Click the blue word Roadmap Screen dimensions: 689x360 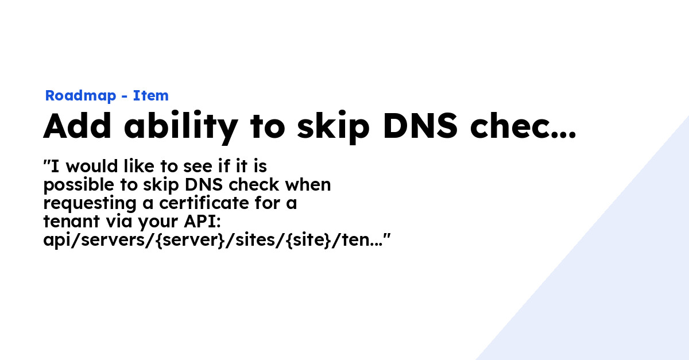[x=80, y=96]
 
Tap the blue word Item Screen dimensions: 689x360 [x=150, y=96]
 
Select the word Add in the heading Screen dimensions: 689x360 [x=77, y=126]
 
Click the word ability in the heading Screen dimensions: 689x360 [x=181, y=127]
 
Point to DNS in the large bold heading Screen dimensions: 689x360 [x=420, y=126]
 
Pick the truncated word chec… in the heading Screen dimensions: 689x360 [x=522, y=126]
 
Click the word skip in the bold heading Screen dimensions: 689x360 [x=333, y=127]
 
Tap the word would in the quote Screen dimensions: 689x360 [x=92, y=167]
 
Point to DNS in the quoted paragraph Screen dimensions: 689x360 [x=204, y=185]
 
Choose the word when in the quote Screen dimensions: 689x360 [x=308, y=185]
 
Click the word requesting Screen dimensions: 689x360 [x=90, y=204]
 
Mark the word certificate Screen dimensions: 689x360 [x=204, y=203]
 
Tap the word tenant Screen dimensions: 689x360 [x=72, y=222]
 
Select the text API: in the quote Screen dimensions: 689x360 [x=202, y=222]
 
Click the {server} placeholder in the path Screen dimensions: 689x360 [x=191, y=240]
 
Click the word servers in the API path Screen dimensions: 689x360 [x=113, y=241]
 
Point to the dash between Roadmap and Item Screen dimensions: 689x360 [x=124, y=96]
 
